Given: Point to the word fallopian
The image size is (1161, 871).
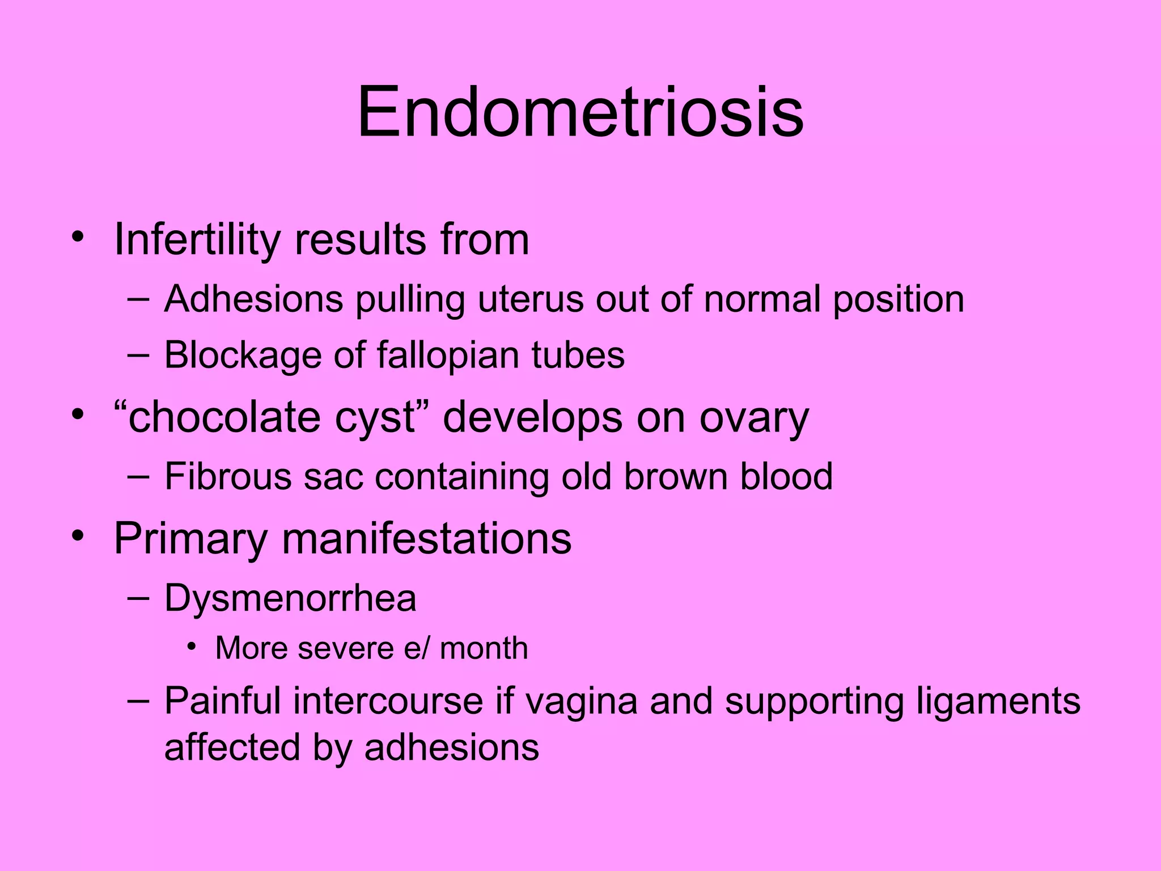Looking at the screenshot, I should tap(448, 356).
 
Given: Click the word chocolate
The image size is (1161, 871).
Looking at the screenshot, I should tap(224, 417).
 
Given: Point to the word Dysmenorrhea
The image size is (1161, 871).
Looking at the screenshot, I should tap(290, 598).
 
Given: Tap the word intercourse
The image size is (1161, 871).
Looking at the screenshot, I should tap(388, 701).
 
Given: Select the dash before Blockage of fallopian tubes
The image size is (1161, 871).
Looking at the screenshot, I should tap(138, 355).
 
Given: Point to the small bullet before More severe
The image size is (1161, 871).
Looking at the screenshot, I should tap(192, 647).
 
